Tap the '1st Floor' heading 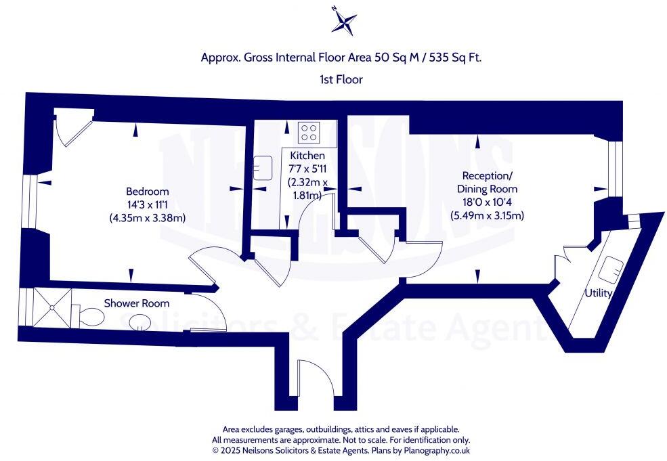pos(341,79)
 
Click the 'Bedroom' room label pos(147,192)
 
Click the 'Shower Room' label pos(137,303)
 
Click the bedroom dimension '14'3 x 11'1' pos(147,204)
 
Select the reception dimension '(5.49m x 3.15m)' pos(488,216)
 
